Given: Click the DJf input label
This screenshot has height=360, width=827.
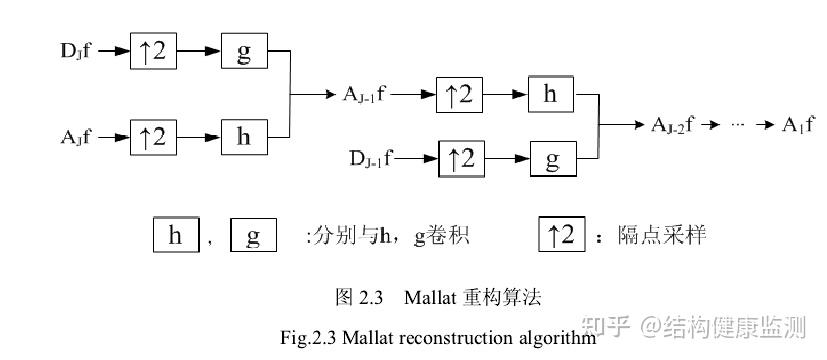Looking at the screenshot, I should [x=76, y=50].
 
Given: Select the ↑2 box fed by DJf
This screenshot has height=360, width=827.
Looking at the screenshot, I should [x=153, y=51].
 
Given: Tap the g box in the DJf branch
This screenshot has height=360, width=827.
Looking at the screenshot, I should [x=243, y=51].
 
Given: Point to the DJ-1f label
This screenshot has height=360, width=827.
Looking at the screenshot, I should [x=371, y=157].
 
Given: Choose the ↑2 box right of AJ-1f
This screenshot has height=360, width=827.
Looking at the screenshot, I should [x=461, y=95].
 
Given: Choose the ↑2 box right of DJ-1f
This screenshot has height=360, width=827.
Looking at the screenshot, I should [x=463, y=158].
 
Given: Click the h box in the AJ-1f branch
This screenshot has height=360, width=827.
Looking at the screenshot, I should [x=551, y=95].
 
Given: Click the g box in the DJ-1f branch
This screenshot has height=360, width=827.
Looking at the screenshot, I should [x=553, y=158].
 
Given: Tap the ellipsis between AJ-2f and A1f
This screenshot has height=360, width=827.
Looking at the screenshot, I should [x=738, y=125].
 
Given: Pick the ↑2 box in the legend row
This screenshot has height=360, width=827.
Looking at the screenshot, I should [x=561, y=235].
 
